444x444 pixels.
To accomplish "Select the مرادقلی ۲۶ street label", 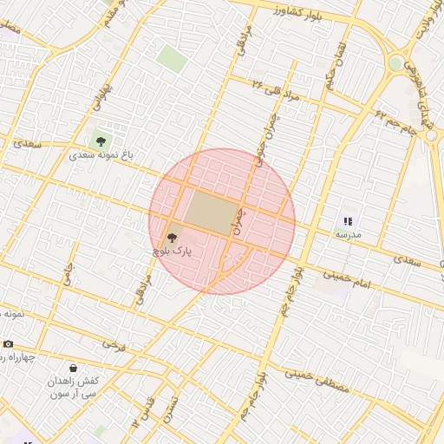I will pyautogui.click(x=276, y=90).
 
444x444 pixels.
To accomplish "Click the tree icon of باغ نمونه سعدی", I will pyautogui.click(x=101, y=140).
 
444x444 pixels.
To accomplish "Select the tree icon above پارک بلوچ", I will pyautogui.click(x=171, y=236).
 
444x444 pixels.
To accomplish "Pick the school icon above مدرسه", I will pyautogui.click(x=348, y=222).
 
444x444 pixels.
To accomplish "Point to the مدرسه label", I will pyautogui.click(x=349, y=235).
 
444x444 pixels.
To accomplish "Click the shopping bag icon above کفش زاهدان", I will pyautogui.click(x=72, y=368).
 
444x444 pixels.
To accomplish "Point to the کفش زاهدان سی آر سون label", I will pyautogui.click(x=73, y=387).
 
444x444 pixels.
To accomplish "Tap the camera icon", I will pyautogui.click(x=9, y=343).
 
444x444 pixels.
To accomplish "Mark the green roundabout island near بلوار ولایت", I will pyautogui.click(x=396, y=63).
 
